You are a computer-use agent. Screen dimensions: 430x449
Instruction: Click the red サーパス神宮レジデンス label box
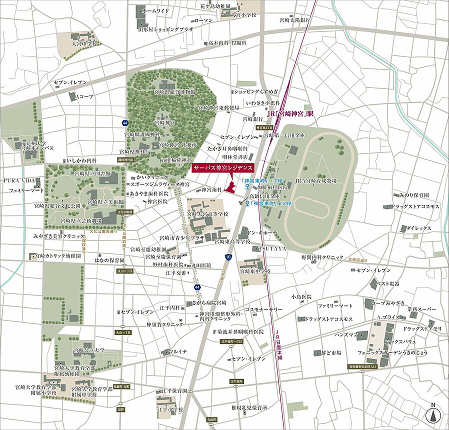[223, 168]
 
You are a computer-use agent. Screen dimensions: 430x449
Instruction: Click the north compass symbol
[432, 414]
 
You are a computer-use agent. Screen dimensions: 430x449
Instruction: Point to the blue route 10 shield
[228, 256]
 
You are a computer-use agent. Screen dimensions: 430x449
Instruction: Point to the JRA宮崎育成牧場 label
[315, 180]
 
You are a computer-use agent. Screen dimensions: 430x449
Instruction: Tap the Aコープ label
[83, 96]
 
